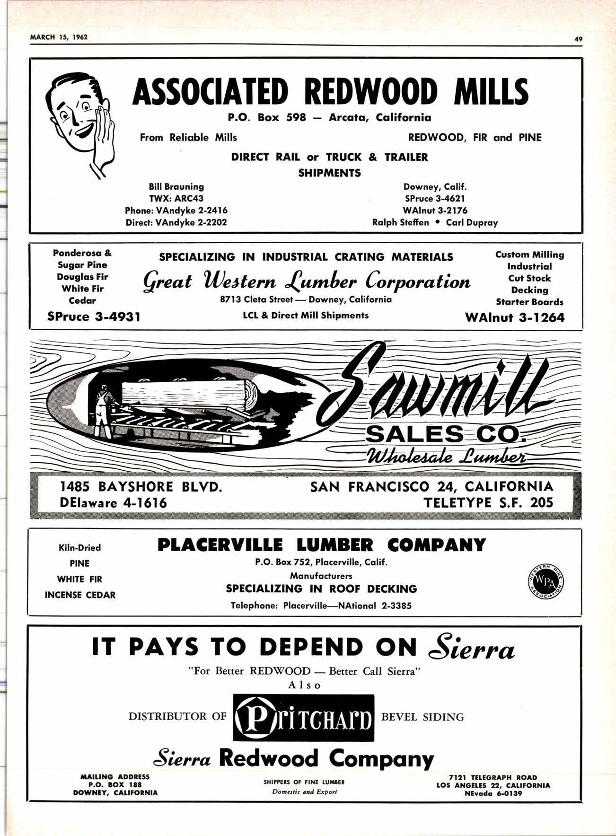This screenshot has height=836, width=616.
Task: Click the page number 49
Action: pyautogui.click(x=578, y=40)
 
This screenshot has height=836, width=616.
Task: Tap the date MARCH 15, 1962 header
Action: pyautogui.click(x=59, y=37)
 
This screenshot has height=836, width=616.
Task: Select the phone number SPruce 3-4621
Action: pyautogui.click(x=434, y=199)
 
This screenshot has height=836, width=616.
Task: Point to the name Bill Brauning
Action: pyautogui.click(x=176, y=187)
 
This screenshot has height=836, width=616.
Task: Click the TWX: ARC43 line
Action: pyautogui.click(x=176, y=199)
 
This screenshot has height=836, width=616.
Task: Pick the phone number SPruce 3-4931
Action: pyautogui.click(x=94, y=317)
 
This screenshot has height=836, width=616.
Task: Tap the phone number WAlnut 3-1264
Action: pyautogui.click(x=515, y=317)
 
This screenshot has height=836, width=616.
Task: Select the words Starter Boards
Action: pyautogui.click(x=529, y=302)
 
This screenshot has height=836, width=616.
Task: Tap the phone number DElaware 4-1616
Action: pyautogui.click(x=114, y=502)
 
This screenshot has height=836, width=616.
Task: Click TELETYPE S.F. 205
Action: pyautogui.click(x=488, y=502)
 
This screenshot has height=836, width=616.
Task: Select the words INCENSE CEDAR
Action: pyautogui.click(x=80, y=595)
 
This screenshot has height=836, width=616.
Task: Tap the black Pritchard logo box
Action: pyautogui.click(x=303, y=717)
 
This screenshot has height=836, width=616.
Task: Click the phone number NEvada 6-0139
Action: pyautogui.click(x=493, y=793)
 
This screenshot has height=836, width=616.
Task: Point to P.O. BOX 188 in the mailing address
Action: pyautogui.click(x=115, y=784)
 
